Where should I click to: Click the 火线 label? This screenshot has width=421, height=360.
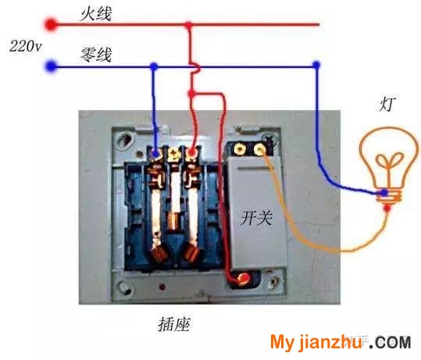coord(96,14)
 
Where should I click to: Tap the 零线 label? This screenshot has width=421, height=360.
coord(96,55)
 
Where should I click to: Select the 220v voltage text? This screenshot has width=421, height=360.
coord(26,46)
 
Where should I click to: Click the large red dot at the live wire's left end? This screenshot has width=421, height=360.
coord(51,25)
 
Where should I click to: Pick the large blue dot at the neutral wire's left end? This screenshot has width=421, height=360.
coord(51,66)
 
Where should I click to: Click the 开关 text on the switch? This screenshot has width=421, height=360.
coord(256,217)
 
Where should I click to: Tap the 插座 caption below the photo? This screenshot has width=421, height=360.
coord(174,324)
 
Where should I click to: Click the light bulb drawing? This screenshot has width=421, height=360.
coord(389,164)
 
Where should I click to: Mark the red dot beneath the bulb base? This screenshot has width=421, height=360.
coord(387,208)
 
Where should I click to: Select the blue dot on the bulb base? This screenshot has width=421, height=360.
coord(385,192)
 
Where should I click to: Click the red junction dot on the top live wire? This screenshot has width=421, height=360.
coord(189,25)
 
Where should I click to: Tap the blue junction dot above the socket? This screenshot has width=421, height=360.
coord(154,66)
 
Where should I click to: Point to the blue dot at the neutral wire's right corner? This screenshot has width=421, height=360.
coord(316,65)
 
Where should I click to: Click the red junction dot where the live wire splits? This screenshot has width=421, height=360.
coord(191,94)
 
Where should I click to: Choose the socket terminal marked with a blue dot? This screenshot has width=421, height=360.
coord(155,154)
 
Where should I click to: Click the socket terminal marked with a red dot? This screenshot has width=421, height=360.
coord(192,153)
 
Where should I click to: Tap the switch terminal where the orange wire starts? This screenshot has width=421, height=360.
coord(259,148)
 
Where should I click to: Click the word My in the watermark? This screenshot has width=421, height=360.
coord(282,342)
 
